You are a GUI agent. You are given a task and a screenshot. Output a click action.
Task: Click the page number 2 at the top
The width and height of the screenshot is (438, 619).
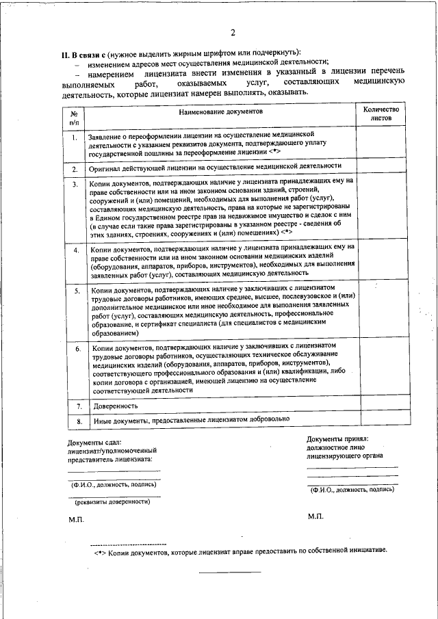233,32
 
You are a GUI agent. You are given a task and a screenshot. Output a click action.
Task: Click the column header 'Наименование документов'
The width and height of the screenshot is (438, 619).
220,111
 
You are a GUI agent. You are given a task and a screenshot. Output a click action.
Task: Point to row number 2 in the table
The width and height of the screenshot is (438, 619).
74,168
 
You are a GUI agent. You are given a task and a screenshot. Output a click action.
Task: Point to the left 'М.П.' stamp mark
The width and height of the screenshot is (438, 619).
76,521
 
